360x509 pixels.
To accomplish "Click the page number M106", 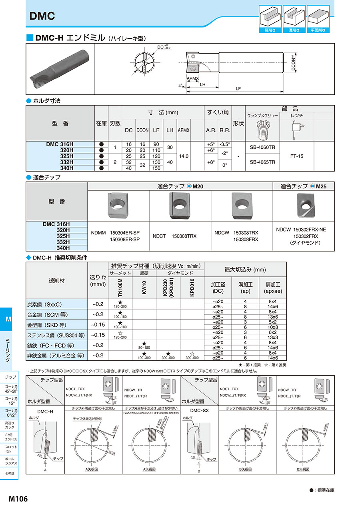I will point(18,499).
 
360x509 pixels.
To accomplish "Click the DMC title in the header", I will point(42,16).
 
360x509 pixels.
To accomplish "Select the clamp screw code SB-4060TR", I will point(262,147).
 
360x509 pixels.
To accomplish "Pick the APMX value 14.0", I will point(184,156).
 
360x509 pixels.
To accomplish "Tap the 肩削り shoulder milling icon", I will point(270,18).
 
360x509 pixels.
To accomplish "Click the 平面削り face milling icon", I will point(318,18).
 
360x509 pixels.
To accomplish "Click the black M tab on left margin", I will point(8,319).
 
